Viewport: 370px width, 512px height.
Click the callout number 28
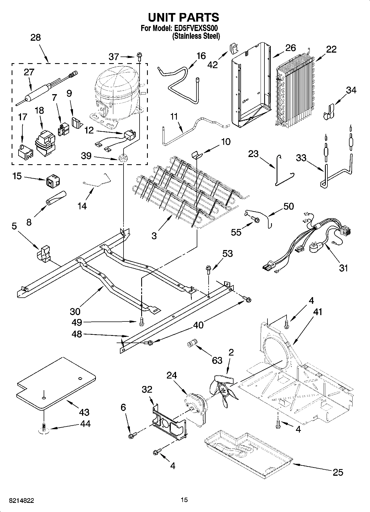(x=35, y=37)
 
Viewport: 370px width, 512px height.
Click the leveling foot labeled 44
(x=44, y=428)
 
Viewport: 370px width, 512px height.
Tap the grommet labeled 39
(x=122, y=159)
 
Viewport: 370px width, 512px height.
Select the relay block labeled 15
(x=53, y=180)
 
